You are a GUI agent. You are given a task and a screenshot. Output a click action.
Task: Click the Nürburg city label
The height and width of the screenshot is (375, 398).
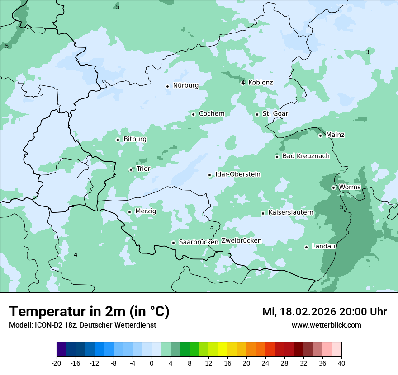(x=185, y=85)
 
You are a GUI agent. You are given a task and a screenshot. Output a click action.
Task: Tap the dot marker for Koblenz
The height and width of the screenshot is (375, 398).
(x=243, y=83)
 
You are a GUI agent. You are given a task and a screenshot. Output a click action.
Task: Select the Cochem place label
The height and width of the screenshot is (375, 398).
(x=211, y=114)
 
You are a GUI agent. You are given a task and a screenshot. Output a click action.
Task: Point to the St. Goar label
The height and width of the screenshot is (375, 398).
(x=275, y=114)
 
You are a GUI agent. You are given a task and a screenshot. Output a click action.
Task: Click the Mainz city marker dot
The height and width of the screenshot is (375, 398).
(x=320, y=136)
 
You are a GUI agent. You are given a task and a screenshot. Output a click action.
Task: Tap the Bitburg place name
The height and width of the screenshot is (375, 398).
(x=135, y=139)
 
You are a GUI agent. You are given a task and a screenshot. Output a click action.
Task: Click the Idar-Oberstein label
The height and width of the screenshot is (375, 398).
(x=237, y=174)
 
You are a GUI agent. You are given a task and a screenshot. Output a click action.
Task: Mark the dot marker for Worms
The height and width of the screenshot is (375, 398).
(x=333, y=187)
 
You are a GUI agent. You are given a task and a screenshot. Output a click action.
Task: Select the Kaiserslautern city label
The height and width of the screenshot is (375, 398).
(x=290, y=212)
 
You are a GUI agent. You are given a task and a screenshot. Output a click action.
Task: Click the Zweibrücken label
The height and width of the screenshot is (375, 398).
(x=241, y=241)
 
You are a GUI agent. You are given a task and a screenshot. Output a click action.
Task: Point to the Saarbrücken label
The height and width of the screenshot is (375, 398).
(x=199, y=242)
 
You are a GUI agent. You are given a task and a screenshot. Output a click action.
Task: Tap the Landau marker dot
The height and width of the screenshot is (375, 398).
(x=306, y=247)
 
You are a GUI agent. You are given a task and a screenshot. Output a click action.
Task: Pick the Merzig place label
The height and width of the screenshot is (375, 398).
(x=146, y=211)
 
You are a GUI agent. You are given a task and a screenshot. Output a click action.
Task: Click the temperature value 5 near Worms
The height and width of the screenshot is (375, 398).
(x=341, y=207)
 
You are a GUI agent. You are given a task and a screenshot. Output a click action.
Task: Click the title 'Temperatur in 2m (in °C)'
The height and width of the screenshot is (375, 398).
(x=89, y=312)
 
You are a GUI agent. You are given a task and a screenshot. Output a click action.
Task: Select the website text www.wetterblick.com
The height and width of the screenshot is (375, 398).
(x=326, y=325)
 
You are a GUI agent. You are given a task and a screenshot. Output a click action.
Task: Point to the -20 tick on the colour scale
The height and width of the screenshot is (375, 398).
(x=57, y=363)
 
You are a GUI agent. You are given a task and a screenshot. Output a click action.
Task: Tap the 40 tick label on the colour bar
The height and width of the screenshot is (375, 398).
(x=341, y=363)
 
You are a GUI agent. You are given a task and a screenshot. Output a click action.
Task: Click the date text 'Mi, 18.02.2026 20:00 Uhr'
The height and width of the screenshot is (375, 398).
(x=324, y=312)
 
